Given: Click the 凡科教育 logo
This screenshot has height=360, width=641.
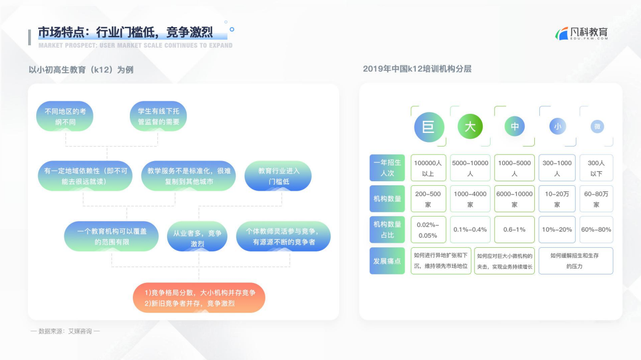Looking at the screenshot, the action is (x=582, y=34).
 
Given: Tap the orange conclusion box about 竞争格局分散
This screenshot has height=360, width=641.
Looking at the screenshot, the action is (x=199, y=298).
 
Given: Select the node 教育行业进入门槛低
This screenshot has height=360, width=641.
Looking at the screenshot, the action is (x=278, y=176).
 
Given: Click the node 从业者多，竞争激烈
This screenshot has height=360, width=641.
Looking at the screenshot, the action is (x=197, y=236).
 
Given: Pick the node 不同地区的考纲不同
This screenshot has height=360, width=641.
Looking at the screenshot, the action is (x=65, y=116).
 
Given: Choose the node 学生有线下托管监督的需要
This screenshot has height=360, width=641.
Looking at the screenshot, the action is (x=158, y=116).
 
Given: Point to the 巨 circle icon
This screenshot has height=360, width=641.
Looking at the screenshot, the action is (x=429, y=127).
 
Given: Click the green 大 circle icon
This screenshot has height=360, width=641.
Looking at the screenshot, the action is (x=470, y=126).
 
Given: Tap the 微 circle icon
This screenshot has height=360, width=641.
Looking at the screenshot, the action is (x=597, y=126).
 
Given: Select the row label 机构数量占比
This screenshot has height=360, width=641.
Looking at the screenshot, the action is (x=387, y=230).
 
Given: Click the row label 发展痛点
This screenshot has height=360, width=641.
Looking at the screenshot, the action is (x=387, y=261).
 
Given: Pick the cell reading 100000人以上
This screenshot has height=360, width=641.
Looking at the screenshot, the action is (x=428, y=168).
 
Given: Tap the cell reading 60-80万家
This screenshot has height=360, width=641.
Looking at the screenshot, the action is (x=596, y=199).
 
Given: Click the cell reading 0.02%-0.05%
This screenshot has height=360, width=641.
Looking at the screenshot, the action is (x=428, y=230).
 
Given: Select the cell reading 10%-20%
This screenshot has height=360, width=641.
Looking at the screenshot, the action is (x=557, y=230).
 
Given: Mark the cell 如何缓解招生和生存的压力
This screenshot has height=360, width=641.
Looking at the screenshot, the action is (x=576, y=261).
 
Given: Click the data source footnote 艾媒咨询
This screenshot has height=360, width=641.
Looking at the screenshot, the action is (x=65, y=331).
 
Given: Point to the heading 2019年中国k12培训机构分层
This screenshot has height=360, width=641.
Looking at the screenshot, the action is (x=417, y=69).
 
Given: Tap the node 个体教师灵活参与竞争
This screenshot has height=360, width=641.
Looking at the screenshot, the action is (x=283, y=236).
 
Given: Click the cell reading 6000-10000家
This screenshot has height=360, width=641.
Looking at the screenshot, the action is (x=514, y=199).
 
